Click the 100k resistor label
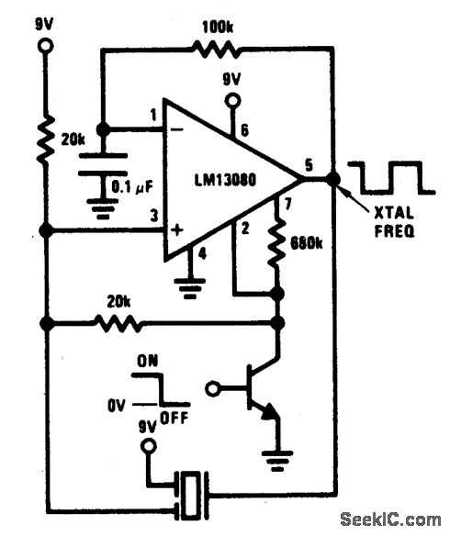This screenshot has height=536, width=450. pyautogui.click(x=218, y=28)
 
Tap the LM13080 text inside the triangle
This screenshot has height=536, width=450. pyautogui.click(x=225, y=180)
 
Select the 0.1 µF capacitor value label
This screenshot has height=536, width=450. pyautogui.click(x=132, y=187)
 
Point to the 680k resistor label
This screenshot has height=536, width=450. pyautogui.click(x=307, y=243)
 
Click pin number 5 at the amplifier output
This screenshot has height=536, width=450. pyautogui.click(x=309, y=165)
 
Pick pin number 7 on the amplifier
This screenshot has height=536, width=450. pyautogui.click(x=287, y=205)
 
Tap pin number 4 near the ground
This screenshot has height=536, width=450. pyautogui.click(x=202, y=254)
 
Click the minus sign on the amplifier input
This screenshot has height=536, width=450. pyautogui.click(x=176, y=129)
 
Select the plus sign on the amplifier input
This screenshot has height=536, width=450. pyautogui.click(x=176, y=229)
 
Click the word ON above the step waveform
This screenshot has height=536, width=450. pyautogui.click(x=148, y=361)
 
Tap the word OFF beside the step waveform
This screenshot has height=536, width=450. pyautogui.click(x=174, y=418)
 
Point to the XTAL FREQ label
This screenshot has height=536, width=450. pyautogui.click(x=394, y=222)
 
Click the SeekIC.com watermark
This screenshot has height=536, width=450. pyautogui.click(x=390, y=520)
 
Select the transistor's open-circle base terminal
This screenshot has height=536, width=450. pyautogui.click(x=213, y=388)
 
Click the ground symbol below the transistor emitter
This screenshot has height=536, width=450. pyautogui.click(x=277, y=461)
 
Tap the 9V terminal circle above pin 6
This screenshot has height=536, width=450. pyautogui.click(x=232, y=101)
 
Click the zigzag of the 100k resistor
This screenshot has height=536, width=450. pyautogui.click(x=217, y=50)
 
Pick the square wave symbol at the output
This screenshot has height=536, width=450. pyautogui.click(x=391, y=178)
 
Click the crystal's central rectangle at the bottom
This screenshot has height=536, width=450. pyautogui.click(x=190, y=495)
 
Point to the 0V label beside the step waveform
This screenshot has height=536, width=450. pyautogui.click(x=117, y=406)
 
